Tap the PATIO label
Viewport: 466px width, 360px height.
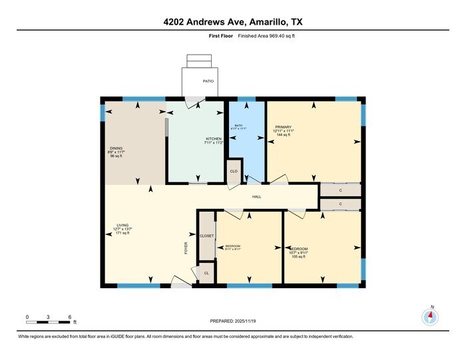click(208, 81)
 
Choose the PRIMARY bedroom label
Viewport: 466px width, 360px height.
click(283, 126)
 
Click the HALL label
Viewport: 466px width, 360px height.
click(256, 197)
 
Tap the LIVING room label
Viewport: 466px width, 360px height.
click(122, 225)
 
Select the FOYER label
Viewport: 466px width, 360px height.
click(186, 248)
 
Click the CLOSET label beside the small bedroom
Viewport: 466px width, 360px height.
click(206, 236)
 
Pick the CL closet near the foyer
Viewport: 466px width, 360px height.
click(206, 273)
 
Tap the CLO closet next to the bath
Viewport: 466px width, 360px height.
click(234, 171)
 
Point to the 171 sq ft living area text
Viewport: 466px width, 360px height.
click(122, 234)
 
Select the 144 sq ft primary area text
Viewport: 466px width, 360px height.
click(284, 135)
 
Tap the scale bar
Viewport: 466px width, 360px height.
click(48, 322)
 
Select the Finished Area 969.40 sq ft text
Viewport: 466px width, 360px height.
click(266, 36)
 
